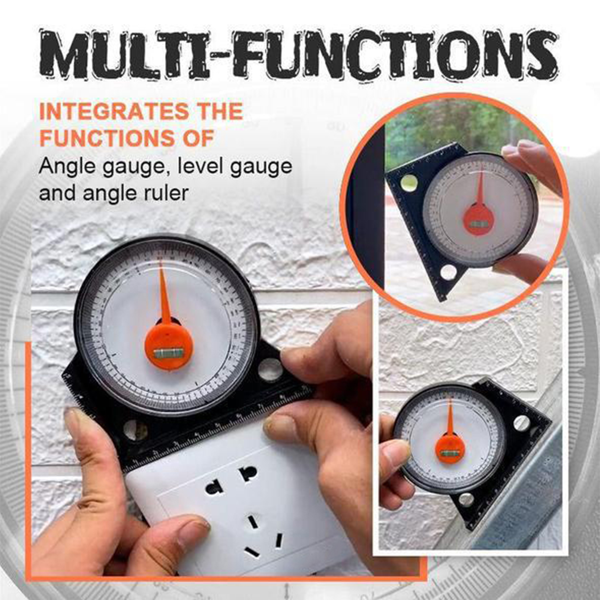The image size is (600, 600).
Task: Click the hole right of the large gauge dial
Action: click(x=270, y=369)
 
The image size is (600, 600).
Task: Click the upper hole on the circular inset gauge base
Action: click(x=410, y=183)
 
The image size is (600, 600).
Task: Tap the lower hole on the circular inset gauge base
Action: click(x=448, y=272)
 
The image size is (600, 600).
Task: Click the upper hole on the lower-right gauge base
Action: click(x=521, y=423)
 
